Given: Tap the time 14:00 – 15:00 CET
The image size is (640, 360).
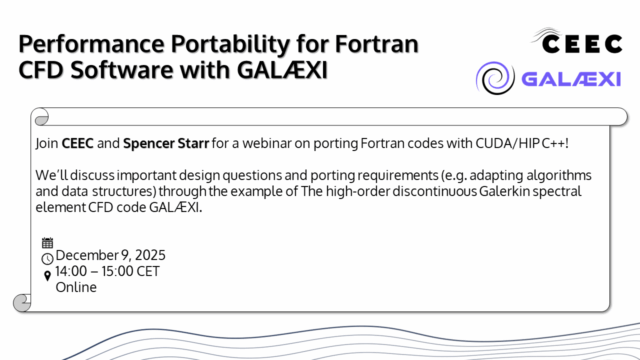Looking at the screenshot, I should tap(107, 271).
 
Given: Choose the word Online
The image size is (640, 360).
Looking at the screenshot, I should tap(76, 287).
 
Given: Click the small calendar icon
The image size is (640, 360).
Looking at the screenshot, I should tap(47, 243).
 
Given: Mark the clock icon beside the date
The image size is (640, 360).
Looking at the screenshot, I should tap(47, 258).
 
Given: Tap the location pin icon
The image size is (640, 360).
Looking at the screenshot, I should tap(47, 275).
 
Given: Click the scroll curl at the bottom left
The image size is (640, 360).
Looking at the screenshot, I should tap(22, 301).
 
